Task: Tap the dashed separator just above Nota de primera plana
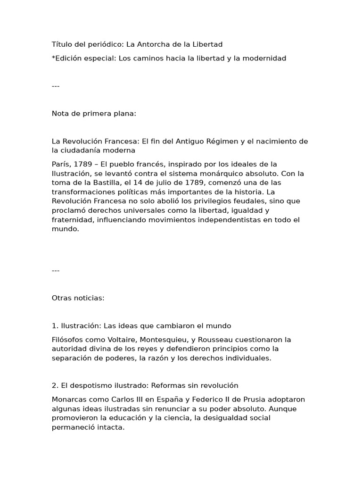[x=56, y=86]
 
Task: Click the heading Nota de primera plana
[x=94, y=113]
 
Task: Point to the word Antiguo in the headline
[x=193, y=141]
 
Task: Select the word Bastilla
[x=99, y=183]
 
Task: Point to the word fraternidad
[x=73, y=220]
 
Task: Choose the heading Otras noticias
[x=78, y=298]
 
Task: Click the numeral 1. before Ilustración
[x=55, y=326]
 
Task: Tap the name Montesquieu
[x=151, y=340]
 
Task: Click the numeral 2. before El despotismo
[x=55, y=386]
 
